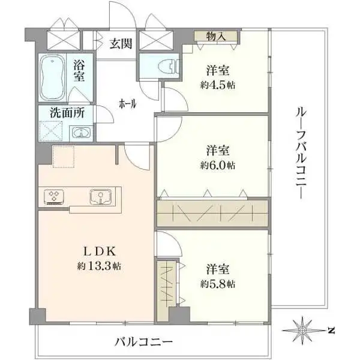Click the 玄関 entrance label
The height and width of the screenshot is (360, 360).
point(121,43)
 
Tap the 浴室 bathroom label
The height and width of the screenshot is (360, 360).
point(79,72)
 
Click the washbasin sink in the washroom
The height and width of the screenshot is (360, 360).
point(80,133)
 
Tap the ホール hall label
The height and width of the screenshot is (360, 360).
point(127,103)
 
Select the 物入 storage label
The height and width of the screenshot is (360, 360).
point(216,37)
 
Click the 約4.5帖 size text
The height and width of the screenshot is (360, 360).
point(217,85)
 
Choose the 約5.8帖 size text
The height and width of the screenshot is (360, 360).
point(217,283)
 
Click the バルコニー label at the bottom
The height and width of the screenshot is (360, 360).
point(143,342)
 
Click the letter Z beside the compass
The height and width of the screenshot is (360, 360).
point(331,329)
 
